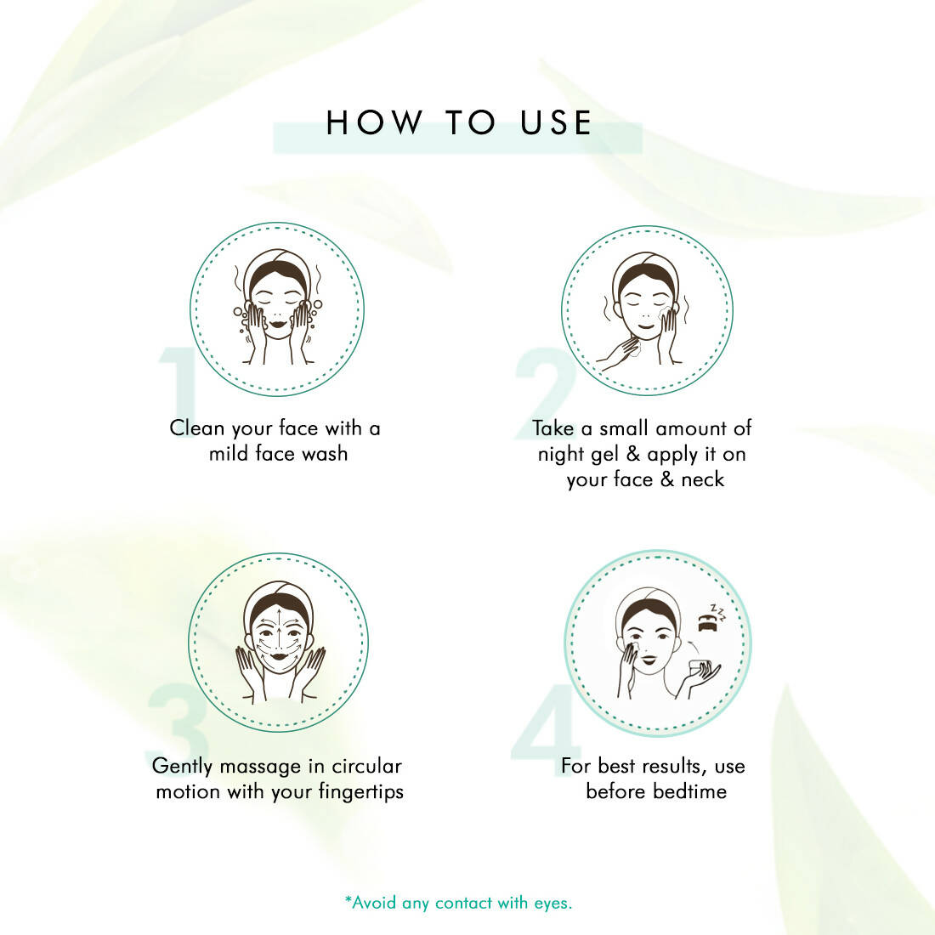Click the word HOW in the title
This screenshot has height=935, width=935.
tap(374, 122)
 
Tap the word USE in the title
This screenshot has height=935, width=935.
tap(556, 122)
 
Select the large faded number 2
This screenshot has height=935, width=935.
tap(546, 394)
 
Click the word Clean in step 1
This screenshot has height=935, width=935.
tap(197, 428)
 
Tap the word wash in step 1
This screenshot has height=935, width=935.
tap(325, 454)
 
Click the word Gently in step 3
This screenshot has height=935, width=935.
tap(182, 767)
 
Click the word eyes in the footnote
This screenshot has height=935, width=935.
tap(552, 903)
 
